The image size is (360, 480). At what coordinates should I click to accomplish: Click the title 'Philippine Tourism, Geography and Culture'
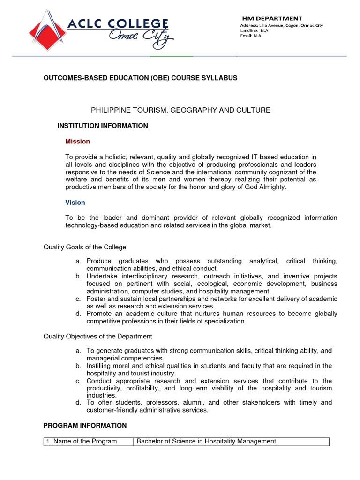pos(180,110)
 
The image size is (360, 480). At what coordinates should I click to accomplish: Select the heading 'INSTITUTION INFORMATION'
pos(103,126)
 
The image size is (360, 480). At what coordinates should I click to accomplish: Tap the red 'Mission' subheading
pos(77,141)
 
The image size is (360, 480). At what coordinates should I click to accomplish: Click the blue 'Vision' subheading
pos(75,202)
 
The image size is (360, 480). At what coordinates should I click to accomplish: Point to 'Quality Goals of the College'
pos(85,247)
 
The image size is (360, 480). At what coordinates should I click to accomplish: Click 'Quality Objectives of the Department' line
pos(97,337)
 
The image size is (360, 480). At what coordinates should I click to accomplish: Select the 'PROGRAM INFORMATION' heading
pos(85,426)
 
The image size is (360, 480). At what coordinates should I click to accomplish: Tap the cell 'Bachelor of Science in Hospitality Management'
pos(206,441)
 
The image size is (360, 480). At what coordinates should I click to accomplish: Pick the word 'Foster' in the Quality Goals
pos(97,299)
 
